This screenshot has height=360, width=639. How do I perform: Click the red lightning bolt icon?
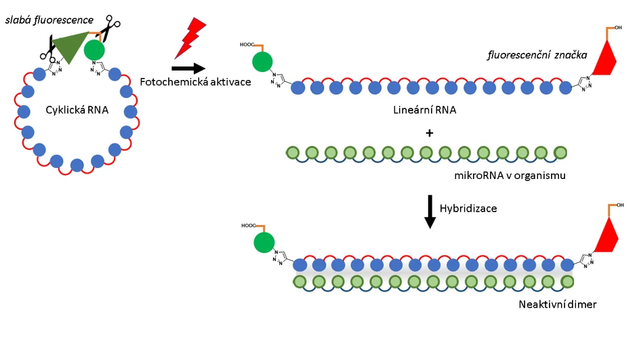[x=189, y=37]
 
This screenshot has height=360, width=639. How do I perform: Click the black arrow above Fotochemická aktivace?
[x=188, y=68]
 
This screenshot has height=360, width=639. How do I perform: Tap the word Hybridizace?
[x=468, y=208]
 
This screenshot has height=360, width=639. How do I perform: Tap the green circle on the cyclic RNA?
[x=95, y=49]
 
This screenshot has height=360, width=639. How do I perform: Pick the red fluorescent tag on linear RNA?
[x=602, y=57]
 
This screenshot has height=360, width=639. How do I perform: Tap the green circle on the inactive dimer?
[x=264, y=242]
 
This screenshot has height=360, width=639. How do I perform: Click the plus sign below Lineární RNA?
[x=428, y=132]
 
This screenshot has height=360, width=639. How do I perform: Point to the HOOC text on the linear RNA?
[x=247, y=45]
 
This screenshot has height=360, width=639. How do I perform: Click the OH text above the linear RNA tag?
[x=618, y=28]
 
